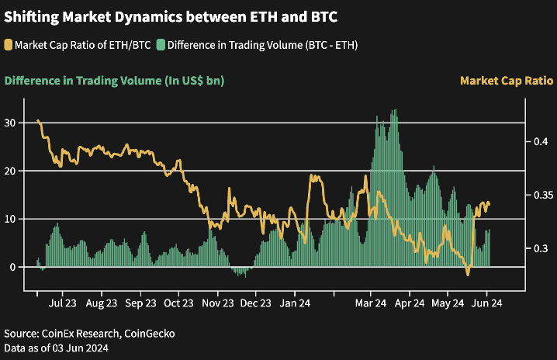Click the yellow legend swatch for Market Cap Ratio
pyautogui.click(x=9, y=43)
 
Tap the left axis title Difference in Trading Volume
pyautogui.click(x=114, y=80)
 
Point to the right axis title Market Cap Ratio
pyautogui.click(x=506, y=80)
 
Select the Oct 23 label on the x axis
pyautogui.click(x=179, y=303)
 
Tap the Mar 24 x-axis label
pyautogui.click(x=371, y=303)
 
